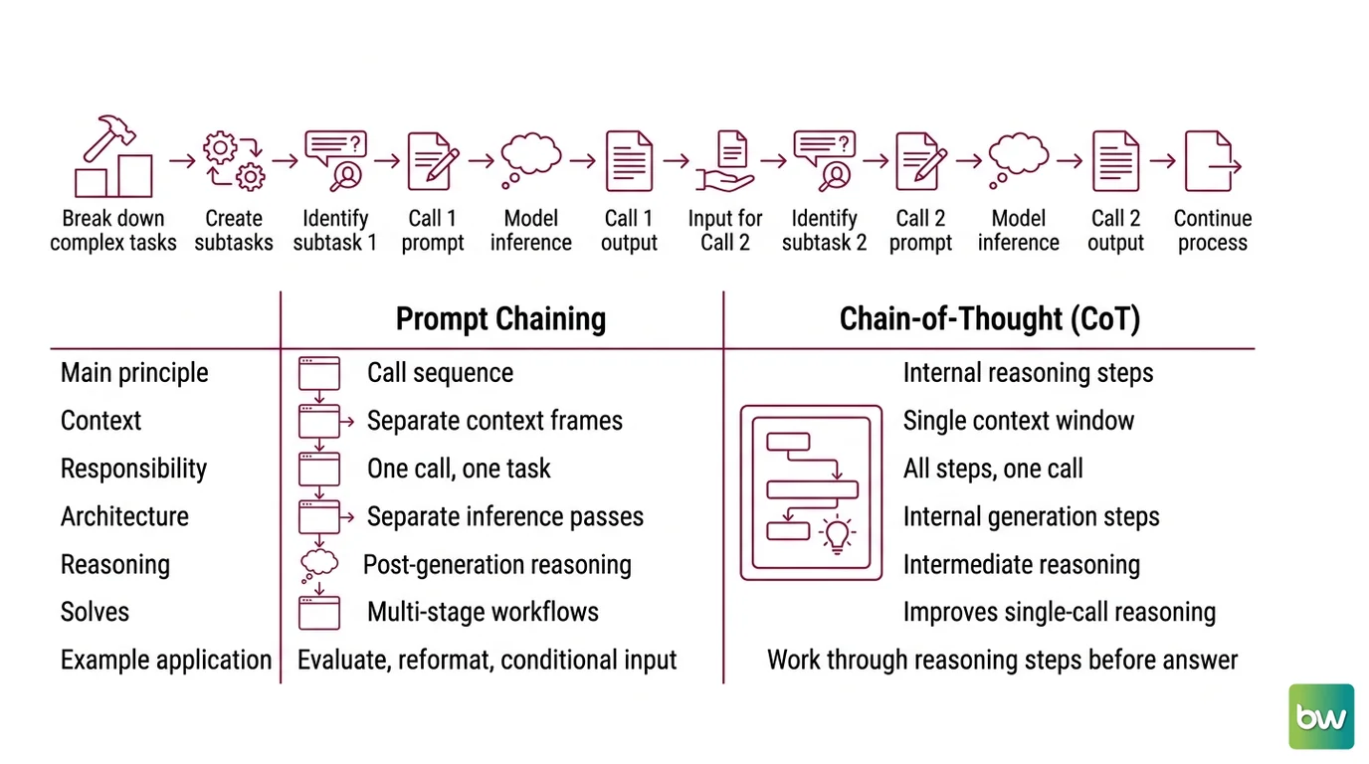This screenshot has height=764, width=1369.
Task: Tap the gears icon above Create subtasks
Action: pyautogui.click(x=234, y=161)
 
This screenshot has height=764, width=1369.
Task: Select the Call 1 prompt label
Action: pyautogui.click(x=433, y=231)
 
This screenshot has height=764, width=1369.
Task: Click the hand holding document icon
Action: pyautogui.click(x=725, y=161)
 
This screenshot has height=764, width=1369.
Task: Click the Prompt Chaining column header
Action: pyautogui.click(x=500, y=319)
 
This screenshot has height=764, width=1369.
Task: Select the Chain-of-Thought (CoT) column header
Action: pyautogui.click(x=990, y=319)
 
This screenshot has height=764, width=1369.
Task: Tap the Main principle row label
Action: pyautogui.click(x=134, y=373)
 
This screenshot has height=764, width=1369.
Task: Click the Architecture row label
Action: pyautogui.click(x=124, y=516)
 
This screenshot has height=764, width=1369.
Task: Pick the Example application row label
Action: pyautogui.click(x=166, y=661)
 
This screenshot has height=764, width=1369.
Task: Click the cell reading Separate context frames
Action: pyautogui.click(x=494, y=421)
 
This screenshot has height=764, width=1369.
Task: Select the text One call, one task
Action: pyautogui.click(x=459, y=469)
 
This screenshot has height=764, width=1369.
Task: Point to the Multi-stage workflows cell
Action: pyautogui.click(x=483, y=612)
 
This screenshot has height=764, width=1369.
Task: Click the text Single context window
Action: pyautogui.click(x=1018, y=421)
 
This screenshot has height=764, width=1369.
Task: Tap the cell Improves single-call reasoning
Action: pyautogui.click(x=1060, y=612)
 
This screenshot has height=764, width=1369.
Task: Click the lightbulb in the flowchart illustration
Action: pyautogui.click(x=837, y=535)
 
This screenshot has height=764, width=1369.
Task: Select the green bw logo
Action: pyautogui.click(x=1321, y=716)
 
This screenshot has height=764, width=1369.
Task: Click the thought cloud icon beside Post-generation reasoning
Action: pyautogui.click(x=318, y=566)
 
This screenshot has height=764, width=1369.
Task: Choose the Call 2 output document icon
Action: pyautogui.click(x=1115, y=161)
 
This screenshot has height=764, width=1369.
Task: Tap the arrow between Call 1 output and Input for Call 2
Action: pyautogui.click(x=676, y=161)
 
